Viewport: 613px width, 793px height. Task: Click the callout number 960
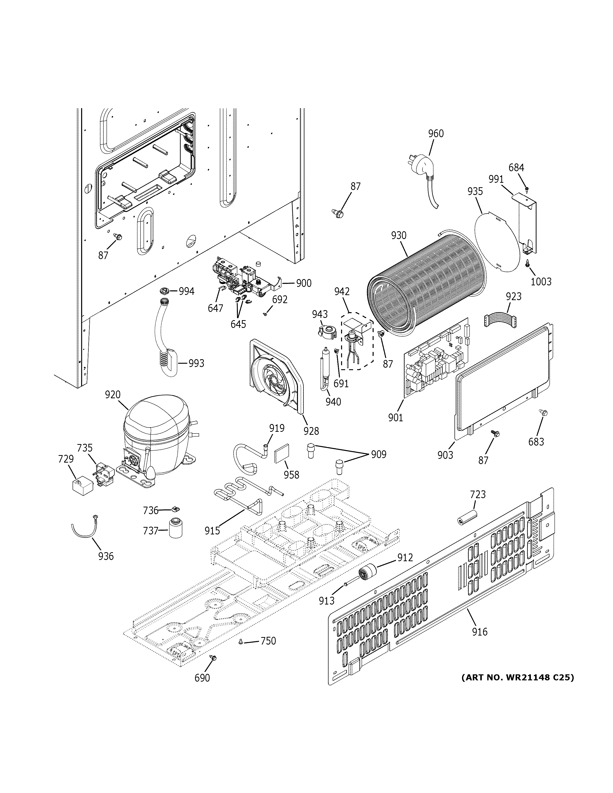click(x=436, y=134)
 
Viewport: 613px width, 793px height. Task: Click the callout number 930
click(x=399, y=236)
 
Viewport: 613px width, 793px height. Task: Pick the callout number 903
click(x=445, y=455)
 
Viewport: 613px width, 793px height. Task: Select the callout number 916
click(x=480, y=632)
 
